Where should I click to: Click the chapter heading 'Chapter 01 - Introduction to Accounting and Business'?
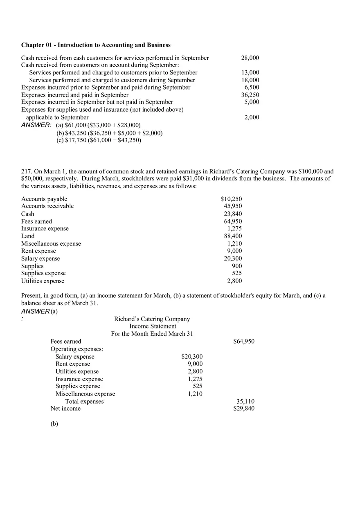[x=96, y=45]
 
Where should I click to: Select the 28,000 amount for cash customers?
[x=250, y=58]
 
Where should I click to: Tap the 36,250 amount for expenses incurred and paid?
[x=250, y=95]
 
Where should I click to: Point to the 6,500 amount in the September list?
[x=252, y=87]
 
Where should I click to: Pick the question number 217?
[x=26, y=171]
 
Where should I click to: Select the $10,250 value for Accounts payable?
[x=231, y=199]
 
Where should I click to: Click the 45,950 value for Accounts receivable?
[x=233, y=206]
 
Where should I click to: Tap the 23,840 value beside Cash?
[x=233, y=214]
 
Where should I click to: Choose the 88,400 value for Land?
[x=233, y=236]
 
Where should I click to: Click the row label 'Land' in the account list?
[x=28, y=236]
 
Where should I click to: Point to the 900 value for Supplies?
[x=237, y=266]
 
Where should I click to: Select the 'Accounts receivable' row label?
[x=47, y=206]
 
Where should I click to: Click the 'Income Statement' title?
[x=153, y=326]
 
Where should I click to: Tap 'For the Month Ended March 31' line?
[x=152, y=334]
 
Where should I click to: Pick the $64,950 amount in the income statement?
[x=244, y=341]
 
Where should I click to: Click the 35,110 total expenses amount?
[x=245, y=402]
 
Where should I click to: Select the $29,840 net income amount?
[x=244, y=409]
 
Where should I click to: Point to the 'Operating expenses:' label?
[x=76, y=349]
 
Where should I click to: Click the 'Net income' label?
[x=65, y=409]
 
